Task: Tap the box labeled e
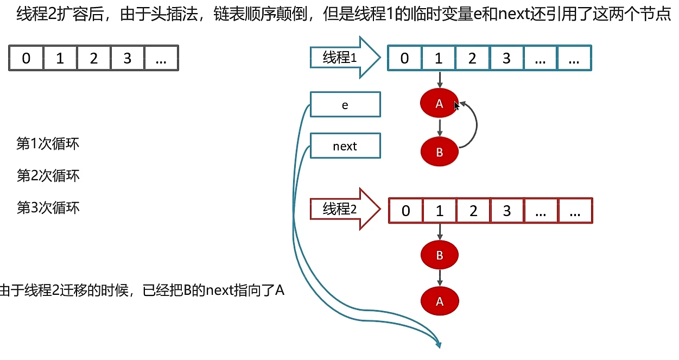point(345,105)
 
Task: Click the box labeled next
point(345,146)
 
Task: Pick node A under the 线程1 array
point(439,104)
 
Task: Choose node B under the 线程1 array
point(439,152)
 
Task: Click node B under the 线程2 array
point(440,254)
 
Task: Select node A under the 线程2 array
point(440,301)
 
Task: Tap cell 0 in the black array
point(26,58)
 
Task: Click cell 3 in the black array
point(127,58)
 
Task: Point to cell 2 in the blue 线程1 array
point(472,58)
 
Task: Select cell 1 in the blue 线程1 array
point(439,58)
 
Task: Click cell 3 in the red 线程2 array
point(507,211)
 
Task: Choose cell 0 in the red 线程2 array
point(405,211)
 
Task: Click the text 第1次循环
point(48,144)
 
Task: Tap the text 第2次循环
point(48,175)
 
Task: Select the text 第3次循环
point(48,207)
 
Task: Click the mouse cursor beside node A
point(456,106)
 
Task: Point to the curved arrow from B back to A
point(476,125)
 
